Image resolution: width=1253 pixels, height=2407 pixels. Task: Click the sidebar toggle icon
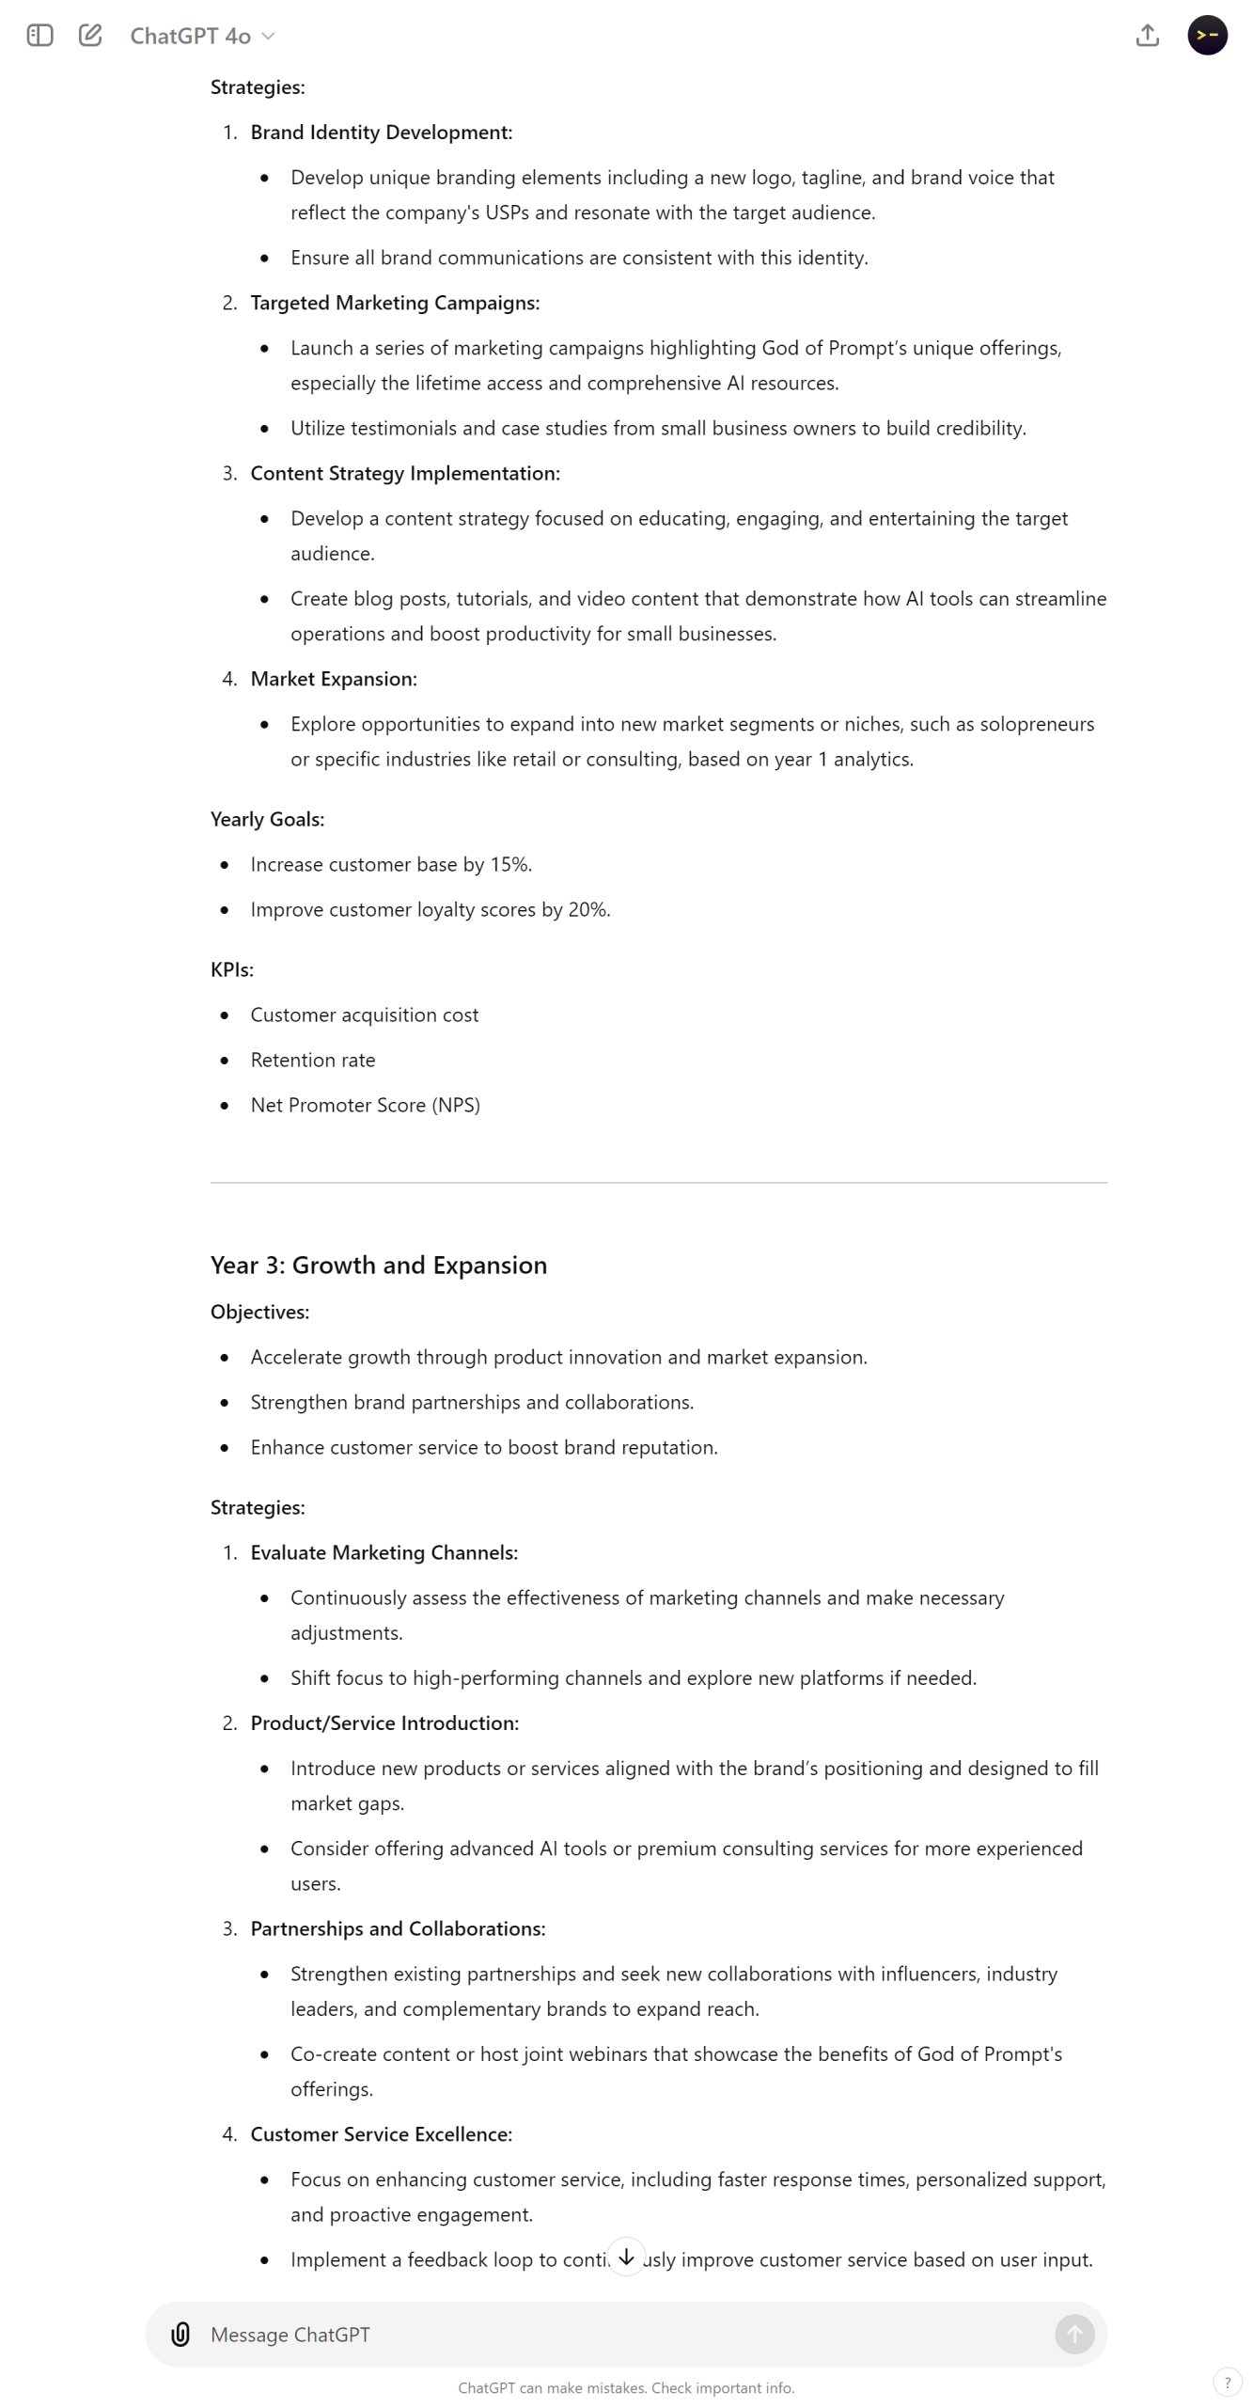[39, 36]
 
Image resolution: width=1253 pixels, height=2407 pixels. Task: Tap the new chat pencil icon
[90, 36]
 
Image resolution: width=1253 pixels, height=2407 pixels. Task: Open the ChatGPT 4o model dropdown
[201, 36]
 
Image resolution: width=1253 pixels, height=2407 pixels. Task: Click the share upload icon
[1147, 36]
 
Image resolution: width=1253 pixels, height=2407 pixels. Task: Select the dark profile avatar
[1207, 36]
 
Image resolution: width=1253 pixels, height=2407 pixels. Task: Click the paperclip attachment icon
[180, 2333]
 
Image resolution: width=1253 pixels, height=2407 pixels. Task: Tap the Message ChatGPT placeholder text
[290, 2334]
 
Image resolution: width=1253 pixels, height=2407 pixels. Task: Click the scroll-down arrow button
[626, 2256]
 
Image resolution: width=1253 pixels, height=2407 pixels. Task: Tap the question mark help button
[1227, 2382]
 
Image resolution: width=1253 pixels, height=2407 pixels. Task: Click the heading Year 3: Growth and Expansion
[378, 1265]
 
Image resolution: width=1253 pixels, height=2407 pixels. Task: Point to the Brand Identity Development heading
[381, 133]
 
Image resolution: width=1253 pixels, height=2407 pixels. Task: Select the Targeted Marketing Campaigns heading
[395, 303]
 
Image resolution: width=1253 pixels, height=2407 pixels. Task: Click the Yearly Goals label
[267, 819]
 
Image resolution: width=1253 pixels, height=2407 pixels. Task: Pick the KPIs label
[231, 969]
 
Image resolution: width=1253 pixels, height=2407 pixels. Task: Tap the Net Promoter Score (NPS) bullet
[365, 1105]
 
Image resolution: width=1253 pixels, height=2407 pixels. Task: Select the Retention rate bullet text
[313, 1060]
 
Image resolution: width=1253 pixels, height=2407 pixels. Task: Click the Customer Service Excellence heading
[381, 2133]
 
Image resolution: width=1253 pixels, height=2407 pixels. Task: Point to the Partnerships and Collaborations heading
[398, 1927]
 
